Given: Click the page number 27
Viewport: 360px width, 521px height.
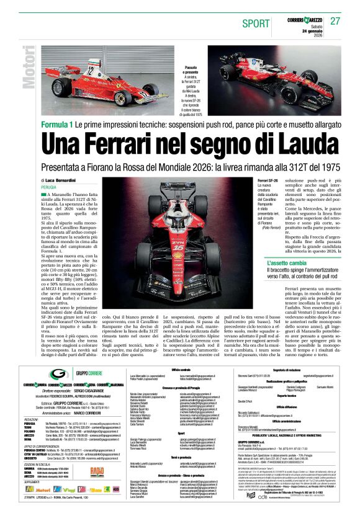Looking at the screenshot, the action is click(x=335, y=21).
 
